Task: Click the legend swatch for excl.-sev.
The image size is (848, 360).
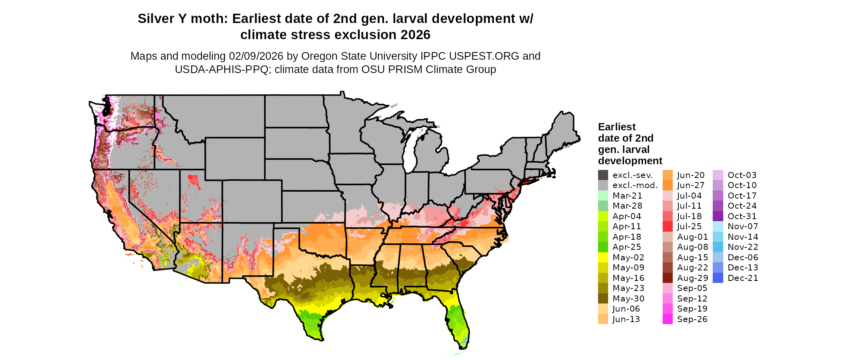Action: (x=603, y=175)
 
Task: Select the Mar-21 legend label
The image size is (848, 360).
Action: (x=627, y=196)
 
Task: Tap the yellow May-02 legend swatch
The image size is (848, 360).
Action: (x=603, y=257)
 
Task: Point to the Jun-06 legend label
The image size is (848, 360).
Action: (x=626, y=309)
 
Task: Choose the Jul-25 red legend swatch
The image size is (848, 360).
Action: (x=667, y=226)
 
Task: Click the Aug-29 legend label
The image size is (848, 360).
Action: (x=693, y=278)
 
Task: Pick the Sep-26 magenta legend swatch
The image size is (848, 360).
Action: (x=667, y=319)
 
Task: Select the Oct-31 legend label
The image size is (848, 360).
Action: (x=742, y=216)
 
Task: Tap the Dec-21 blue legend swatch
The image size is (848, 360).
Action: (x=718, y=278)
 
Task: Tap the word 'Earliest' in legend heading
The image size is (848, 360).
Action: (x=617, y=127)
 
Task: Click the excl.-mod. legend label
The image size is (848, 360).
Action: (x=635, y=185)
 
